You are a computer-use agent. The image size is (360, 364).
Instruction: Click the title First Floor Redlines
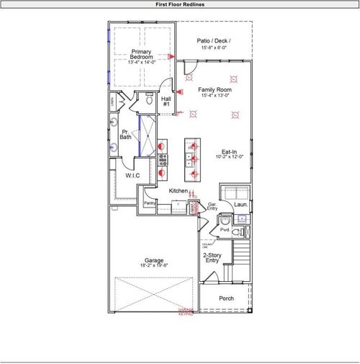[179, 4]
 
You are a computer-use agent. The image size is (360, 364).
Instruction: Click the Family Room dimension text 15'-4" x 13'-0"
[214, 95]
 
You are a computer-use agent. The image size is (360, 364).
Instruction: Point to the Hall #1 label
[166, 102]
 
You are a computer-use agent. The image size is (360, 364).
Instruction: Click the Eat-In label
[230, 151]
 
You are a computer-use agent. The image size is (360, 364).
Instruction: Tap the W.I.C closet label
[132, 175]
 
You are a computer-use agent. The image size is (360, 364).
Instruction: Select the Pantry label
[150, 203]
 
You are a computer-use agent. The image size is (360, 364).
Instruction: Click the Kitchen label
[178, 190]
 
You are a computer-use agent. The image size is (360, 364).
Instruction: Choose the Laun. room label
[240, 205]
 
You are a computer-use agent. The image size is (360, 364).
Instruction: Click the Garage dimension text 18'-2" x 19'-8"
[153, 265]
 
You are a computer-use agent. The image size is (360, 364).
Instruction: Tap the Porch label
[228, 298]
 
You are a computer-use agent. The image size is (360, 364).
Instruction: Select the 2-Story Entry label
[212, 258]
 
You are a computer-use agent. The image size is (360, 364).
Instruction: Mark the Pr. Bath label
[125, 134]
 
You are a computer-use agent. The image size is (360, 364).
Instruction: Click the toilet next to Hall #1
[148, 103]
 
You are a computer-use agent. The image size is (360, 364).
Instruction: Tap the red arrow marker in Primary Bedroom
[171, 56]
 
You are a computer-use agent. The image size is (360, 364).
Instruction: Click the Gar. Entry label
[212, 206]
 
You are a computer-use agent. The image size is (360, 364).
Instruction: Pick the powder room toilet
[226, 219]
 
